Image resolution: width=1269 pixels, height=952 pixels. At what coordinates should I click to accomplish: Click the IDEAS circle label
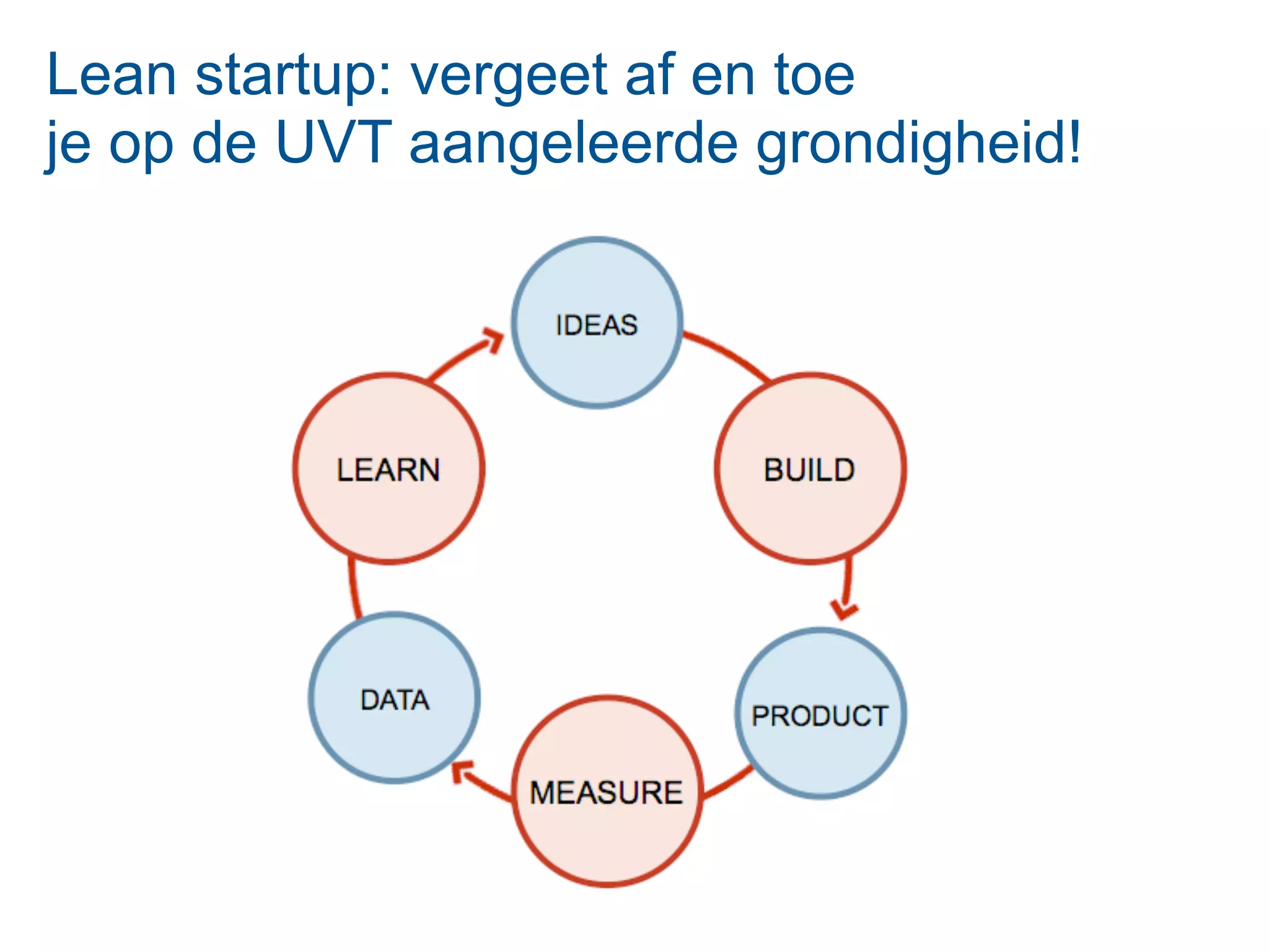(596, 325)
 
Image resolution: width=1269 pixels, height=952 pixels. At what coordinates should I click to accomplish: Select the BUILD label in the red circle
(809, 470)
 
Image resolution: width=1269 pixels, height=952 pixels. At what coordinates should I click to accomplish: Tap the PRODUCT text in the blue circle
(820, 716)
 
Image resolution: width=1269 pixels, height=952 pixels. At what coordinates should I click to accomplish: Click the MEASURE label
(606, 793)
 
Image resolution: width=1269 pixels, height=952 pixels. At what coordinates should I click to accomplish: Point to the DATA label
(395, 700)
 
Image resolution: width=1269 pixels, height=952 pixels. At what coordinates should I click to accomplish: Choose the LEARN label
(389, 470)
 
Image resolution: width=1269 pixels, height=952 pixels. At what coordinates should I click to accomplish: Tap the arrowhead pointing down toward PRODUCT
(843, 609)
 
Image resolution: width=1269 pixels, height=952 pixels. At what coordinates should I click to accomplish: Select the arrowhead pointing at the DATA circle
(462, 771)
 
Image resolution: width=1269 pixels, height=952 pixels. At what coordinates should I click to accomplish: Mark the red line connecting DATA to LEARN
(353, 589)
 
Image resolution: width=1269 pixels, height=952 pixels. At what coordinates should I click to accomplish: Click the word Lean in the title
(112, 75)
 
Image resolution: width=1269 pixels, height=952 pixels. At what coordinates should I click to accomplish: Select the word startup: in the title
(294, 75)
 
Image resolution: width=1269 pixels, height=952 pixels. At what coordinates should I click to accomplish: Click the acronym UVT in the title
(333, 143)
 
